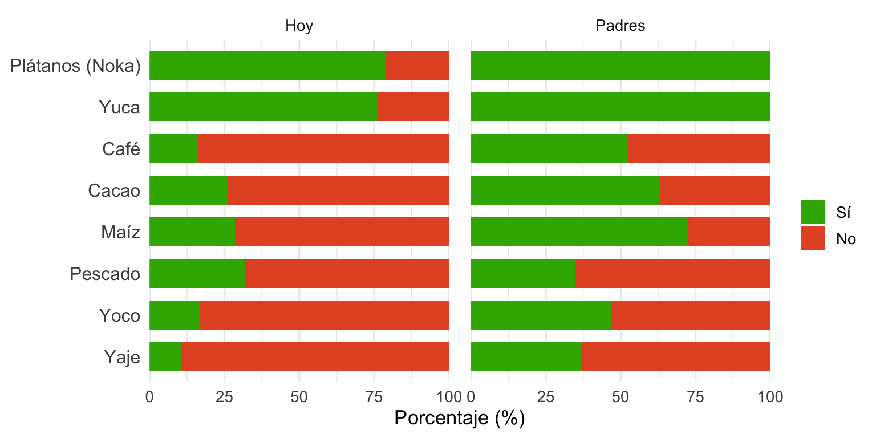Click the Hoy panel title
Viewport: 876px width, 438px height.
pyautogui.click(x=299, y=26)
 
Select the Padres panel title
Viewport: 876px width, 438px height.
pyautogui.click(x=620, y=26)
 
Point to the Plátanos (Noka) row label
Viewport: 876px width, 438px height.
pyautogui.click(x=75, y=66)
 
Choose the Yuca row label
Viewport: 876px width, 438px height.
pyautogui.click(x=119, y=107)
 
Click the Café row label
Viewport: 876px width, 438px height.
pyautogui.click(x=121, y=149)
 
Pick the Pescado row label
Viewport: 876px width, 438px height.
pyautogui.click(x=105, y=274)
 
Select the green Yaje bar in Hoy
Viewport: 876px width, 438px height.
pyautogui.click(x=165, y=357)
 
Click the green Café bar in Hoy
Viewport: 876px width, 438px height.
pyautogui.click(x=174, y=149)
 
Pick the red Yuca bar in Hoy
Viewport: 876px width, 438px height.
pyautogui.click(x=413, y=107)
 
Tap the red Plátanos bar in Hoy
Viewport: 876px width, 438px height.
pyautogui.click(x=417, y=66)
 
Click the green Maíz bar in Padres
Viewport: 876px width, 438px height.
pyautogui.click(x=579, y=232)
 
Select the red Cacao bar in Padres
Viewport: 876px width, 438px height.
pyautogui.click(x=715, y=190)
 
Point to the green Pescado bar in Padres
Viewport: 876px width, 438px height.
pyautogui.click(x=522, y=274)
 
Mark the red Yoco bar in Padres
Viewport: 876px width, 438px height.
pyautogui.click(x=690, y=315)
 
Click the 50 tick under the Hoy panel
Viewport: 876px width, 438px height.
pyautogui.click(x=299, y=395)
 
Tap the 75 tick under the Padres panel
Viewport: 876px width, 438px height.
pyautogui.click(x=695, y=395)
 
